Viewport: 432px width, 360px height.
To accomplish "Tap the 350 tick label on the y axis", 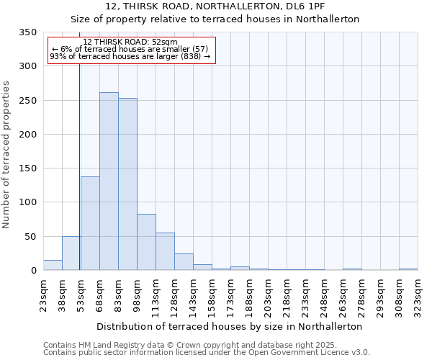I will pos(27,32).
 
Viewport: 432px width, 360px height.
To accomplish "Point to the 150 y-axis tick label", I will pos(27,168).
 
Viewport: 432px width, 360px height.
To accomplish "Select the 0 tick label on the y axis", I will pos(33,271).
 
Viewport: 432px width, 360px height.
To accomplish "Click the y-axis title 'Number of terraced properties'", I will pos(7,155).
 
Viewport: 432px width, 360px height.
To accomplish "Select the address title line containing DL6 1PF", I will pos(215,6).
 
